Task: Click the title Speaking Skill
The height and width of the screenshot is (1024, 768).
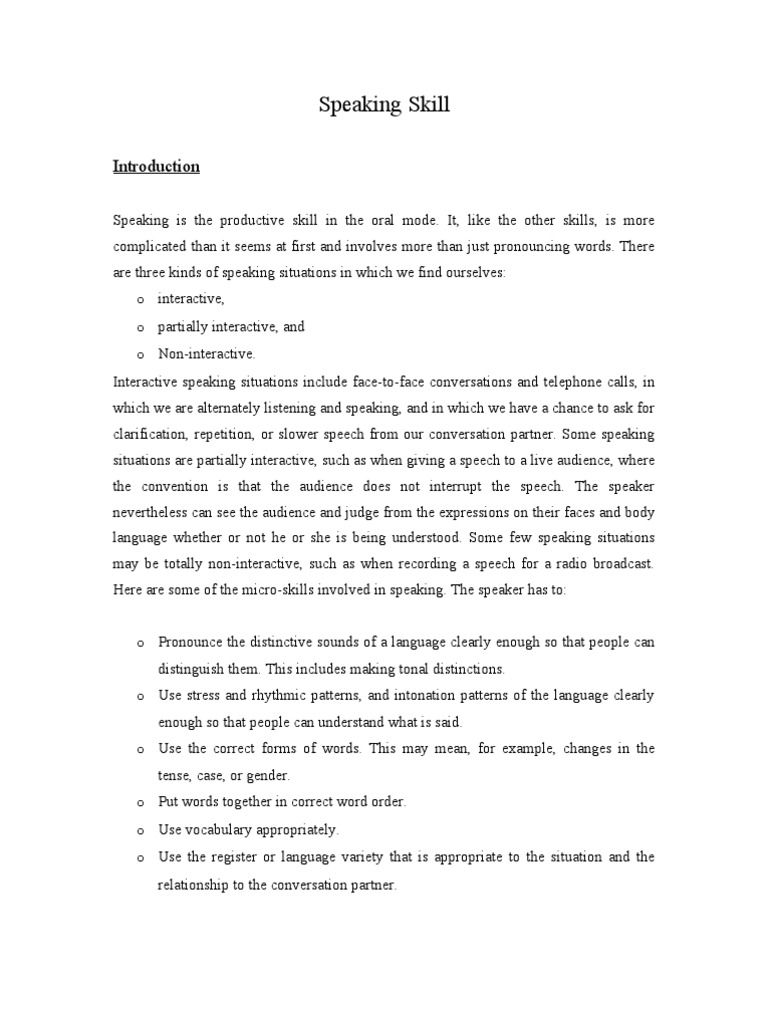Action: [x=384, y=105]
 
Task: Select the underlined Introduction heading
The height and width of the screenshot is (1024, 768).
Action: [x=156, y=167]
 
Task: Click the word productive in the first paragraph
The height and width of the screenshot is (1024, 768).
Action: [x=253, y=219]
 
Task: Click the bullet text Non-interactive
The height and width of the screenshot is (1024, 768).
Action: [x=207, y=353]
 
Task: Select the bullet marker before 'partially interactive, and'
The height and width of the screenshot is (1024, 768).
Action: [x=138, y=327]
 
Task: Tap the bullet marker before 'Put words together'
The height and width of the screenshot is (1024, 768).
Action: [x=138, y=803]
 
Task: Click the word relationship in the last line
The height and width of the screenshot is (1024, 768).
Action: [x=195, y=885]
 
